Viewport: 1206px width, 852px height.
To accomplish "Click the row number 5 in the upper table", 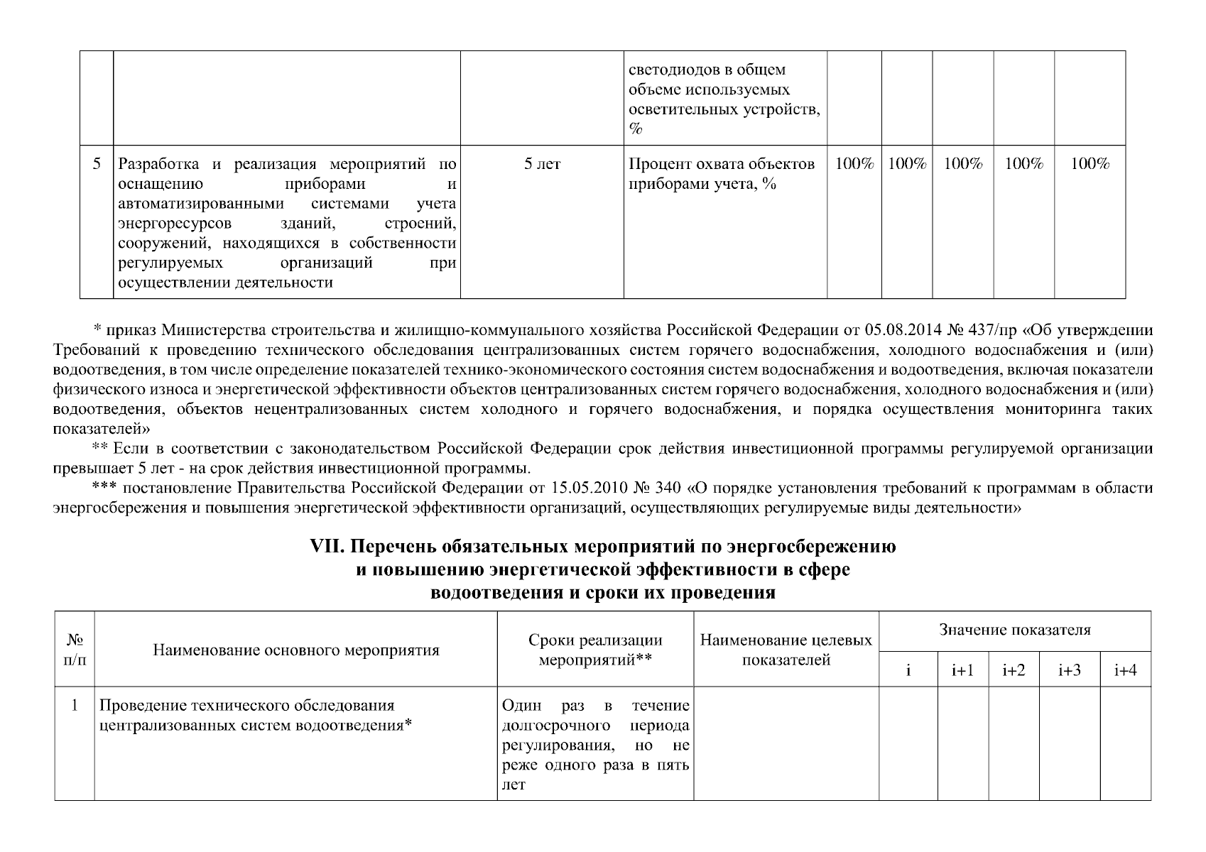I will pos(97,164).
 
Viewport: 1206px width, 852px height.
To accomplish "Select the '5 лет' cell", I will pos(542,165).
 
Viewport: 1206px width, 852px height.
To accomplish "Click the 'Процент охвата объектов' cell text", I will pos(722,165).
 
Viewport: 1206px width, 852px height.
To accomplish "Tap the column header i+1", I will pos(962,670).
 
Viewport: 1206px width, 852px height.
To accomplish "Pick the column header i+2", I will pos(1014,670).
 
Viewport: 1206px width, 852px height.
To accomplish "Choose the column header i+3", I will pos(1069,670).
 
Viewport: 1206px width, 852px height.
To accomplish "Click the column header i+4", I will pos(1125,670).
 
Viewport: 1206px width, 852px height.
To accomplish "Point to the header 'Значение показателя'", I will pos(1014,630).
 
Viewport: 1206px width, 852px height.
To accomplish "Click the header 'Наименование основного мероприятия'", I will pos(296,650).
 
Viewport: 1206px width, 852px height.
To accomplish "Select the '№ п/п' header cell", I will pos(74,649).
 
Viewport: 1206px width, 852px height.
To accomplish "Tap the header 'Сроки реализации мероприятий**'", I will pos(595,650).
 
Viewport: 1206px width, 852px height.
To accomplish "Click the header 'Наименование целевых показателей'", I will pos(786,650).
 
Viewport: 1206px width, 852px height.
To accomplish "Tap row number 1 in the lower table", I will pos(74,706).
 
